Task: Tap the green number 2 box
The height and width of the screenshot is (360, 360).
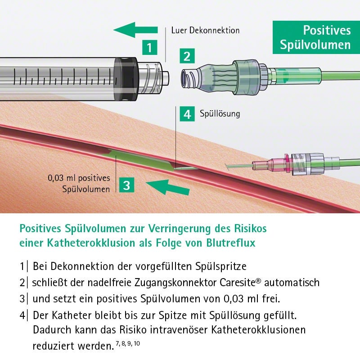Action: (187, 57)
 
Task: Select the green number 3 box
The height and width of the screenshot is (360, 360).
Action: (127, 184)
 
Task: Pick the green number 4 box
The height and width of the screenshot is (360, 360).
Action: (187, 114)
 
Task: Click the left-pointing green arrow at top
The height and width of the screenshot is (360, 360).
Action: (135, 31)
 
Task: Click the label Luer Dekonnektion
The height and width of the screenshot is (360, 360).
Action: (205, 31)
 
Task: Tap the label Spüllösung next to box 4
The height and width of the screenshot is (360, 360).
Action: (220, 114)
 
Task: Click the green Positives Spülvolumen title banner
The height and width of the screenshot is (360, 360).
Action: (315, 37)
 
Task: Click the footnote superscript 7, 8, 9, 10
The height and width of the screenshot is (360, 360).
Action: (128, 344)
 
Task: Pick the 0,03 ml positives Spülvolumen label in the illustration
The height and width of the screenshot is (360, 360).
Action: (79, 183)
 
